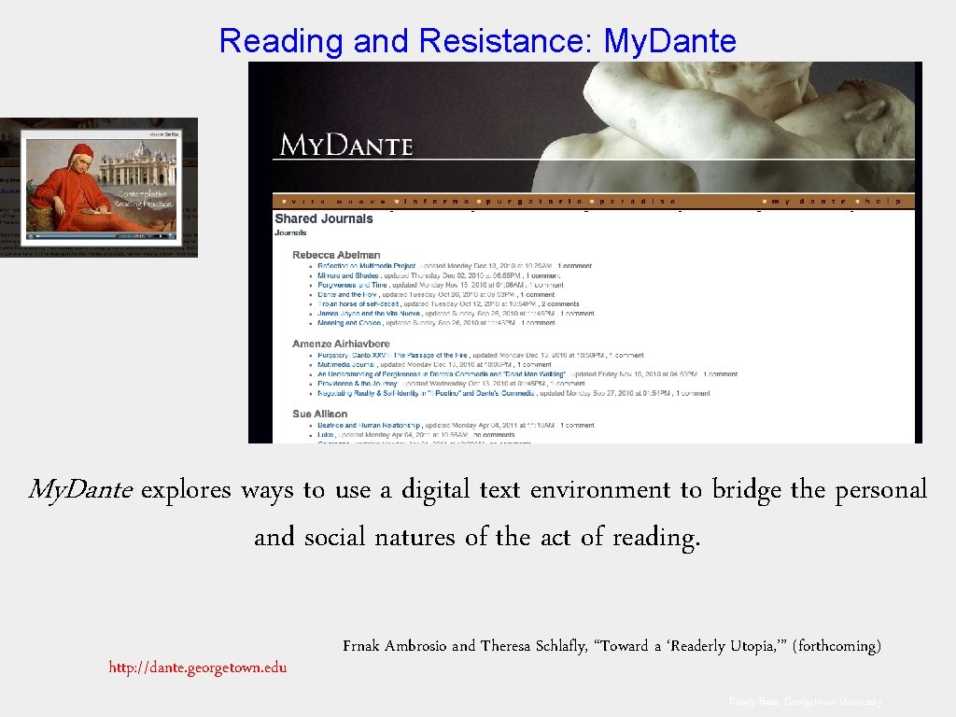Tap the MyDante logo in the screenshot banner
pos(345,145)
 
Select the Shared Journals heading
pos(323,219)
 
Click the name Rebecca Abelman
pos(336,255)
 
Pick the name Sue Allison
pos(319,414)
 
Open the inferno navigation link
pos(437,201)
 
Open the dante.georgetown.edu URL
pos(198,667)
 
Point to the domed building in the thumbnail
pos(140,152)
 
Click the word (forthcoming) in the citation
pos(836,646)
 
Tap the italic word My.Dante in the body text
pos(81,489)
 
